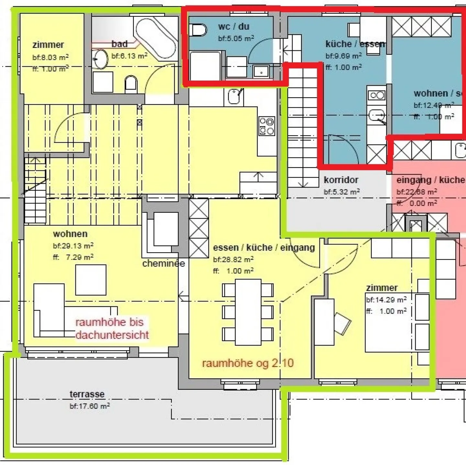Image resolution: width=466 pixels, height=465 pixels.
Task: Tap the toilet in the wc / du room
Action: tap(198, 30)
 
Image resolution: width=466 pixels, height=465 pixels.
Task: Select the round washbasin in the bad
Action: tap(101, 59)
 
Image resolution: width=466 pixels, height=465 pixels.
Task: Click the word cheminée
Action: tap(163, 264)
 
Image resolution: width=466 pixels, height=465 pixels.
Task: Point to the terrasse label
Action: tap(87, 394)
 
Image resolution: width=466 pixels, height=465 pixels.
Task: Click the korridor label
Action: tap(341, 180)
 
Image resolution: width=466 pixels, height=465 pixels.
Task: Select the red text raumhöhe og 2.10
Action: tap(248, 363)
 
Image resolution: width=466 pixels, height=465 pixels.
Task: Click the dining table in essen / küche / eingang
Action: tap(248, 312)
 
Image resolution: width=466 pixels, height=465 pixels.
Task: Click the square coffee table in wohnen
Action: tap(91, 280)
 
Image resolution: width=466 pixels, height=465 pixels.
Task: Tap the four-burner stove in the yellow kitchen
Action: tap(267, 126)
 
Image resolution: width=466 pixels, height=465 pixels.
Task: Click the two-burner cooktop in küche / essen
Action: tap(377, 95)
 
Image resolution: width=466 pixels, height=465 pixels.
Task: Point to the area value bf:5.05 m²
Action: tap(236, 38)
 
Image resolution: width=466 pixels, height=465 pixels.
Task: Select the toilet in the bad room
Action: tap(131, 83)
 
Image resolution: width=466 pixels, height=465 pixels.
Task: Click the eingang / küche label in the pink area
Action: tap(430, 180)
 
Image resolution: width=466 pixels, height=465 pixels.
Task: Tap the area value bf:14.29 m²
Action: tap(386, 300)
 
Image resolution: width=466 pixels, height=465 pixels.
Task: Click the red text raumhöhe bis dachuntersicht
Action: tap(112, 329)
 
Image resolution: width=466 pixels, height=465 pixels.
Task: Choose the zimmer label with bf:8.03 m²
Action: tap(48, 45)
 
